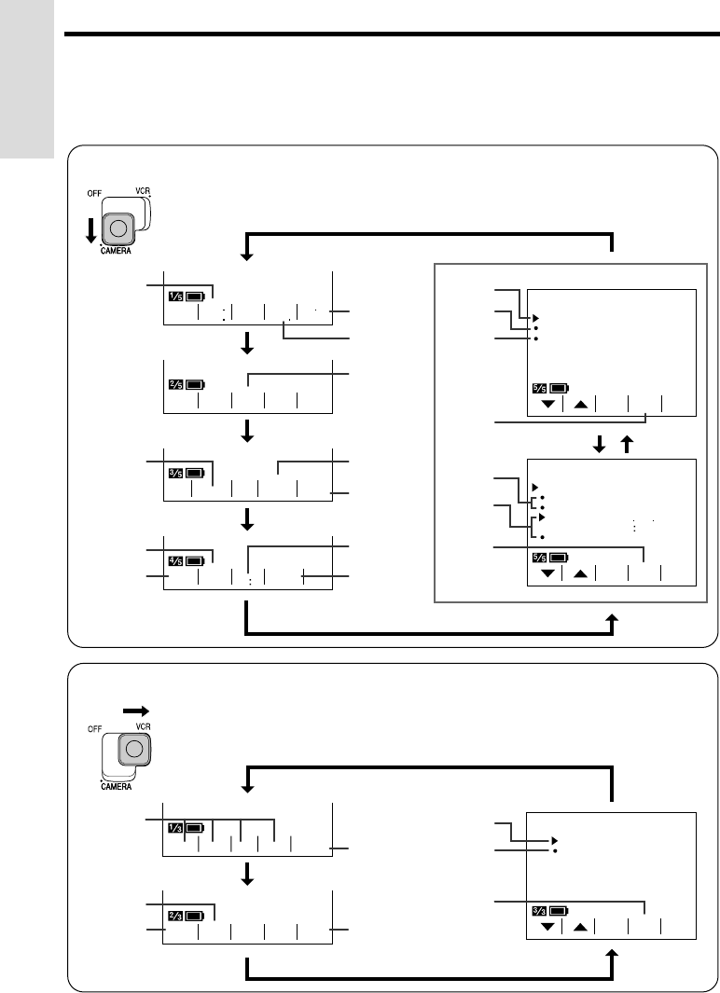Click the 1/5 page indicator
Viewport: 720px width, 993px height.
(x=175, y=297)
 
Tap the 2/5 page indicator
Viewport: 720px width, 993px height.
(x=175, y=383)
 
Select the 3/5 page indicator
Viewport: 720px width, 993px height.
(x=175, y=473)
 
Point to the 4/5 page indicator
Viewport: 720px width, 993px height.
(x=175, y=560)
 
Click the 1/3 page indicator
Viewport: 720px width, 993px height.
(x=175, y=827)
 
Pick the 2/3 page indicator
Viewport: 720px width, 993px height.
(x=175, y=916)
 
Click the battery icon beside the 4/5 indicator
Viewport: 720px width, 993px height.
(x=196, y=560)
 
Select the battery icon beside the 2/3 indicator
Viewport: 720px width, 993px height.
(x=196, y=916)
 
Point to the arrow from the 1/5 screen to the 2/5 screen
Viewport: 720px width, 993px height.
(x=248, y=345)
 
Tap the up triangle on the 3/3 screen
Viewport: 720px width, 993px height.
(x=580, y=928)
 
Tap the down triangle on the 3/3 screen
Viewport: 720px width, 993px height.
(x=547, y=928)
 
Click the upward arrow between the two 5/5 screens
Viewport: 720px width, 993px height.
(x=626, y=446)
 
